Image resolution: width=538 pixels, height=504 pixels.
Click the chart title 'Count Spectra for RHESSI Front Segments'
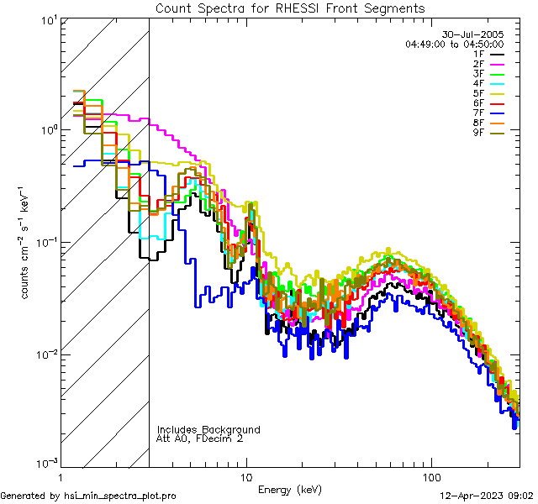[x=290, y=8]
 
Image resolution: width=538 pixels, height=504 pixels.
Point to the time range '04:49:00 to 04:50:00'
[x=454, y=44]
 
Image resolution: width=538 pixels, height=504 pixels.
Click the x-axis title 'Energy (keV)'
[x=289, y=490]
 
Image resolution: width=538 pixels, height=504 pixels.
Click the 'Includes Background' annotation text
[x=208, y=429]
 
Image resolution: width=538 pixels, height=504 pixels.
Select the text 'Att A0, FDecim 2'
[x=199, y=438]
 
